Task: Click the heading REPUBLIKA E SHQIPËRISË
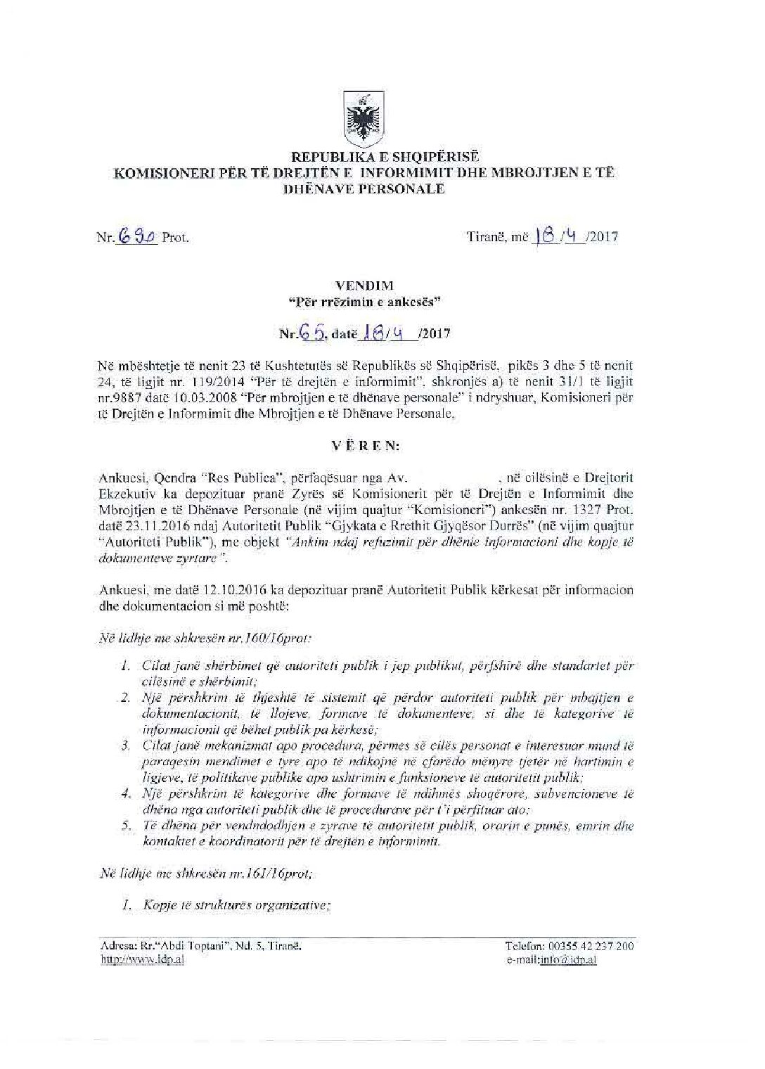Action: click(x=365, y=158)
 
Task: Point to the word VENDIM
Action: click(x=366, y=286)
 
